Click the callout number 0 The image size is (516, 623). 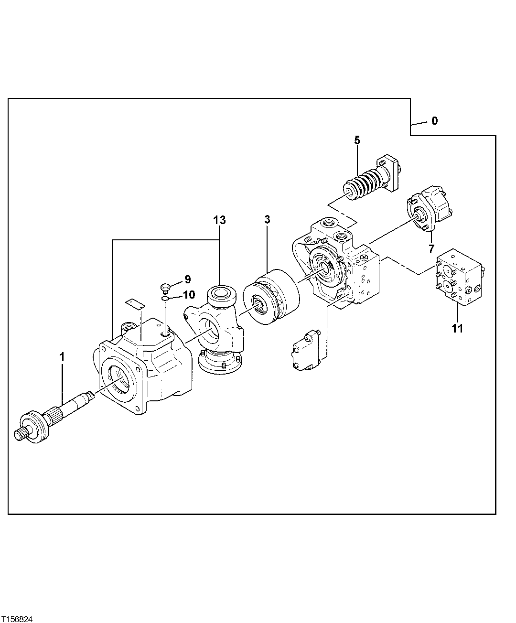434,121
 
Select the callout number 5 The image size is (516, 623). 357,140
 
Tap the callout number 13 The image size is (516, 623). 219,220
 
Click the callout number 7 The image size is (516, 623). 431,248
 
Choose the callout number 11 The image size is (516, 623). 457,329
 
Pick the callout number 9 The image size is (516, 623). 187,279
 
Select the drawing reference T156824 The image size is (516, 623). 17,619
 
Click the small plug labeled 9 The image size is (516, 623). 165,288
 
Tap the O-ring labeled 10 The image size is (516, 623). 165,299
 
